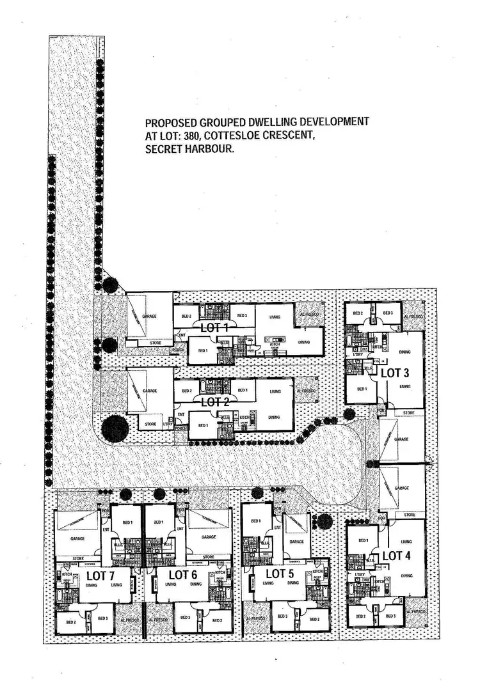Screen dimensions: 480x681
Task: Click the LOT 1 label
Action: [215, 327]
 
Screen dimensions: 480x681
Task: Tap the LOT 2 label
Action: [215, 402]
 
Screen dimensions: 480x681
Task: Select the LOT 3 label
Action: [396, 372]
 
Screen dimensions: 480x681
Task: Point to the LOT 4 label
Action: [396, 556]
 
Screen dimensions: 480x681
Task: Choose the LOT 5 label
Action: [279, 573]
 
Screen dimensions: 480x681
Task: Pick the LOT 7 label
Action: [100, 574]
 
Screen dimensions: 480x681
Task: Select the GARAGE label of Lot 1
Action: [150, 316]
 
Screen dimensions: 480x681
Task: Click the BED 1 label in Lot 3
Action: [362, 389]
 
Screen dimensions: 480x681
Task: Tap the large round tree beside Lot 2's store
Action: [114, 427]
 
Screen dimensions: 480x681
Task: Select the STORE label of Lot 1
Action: [156, 343]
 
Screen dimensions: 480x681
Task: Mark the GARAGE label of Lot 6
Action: [209, 538]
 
